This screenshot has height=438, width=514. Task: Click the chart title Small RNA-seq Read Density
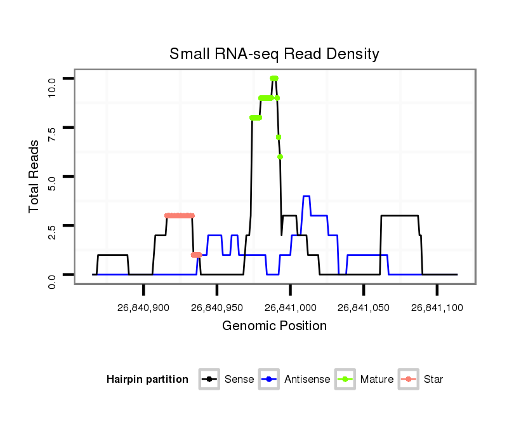tap(274, 54)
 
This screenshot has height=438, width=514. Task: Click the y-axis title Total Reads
tap(35, 176)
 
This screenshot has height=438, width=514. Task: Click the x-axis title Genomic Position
tap(274, 326)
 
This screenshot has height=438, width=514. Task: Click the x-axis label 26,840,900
tap(143, 307)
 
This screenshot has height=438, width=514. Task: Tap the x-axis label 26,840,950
tap(217, 307)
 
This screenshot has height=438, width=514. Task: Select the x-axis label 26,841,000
tap(290, 307)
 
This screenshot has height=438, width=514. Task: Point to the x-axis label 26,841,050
tap(364, 307)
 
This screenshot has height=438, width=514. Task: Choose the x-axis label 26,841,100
tap(437, 307)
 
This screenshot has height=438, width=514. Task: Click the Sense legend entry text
tap(239, 380)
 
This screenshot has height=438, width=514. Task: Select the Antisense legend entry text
tap(307, 380)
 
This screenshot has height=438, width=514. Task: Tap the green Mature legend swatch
tap(346, 380)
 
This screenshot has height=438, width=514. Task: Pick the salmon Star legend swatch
tap(409, 380)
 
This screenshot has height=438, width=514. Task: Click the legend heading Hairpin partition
tap(147, 380)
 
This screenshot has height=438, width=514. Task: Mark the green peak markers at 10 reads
tap(274, 78)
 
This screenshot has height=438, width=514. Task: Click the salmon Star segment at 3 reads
tap(180, 216)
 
